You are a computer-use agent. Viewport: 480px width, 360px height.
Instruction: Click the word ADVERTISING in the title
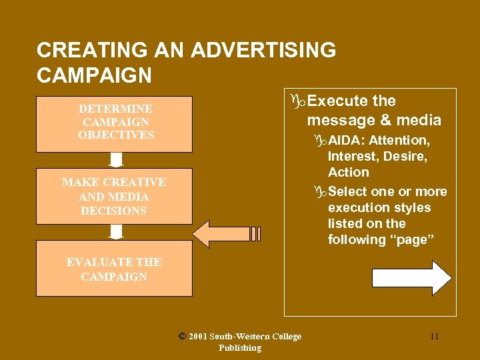263,50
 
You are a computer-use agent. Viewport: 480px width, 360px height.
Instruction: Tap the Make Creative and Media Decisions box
115,196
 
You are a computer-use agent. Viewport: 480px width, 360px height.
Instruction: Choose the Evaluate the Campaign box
115,269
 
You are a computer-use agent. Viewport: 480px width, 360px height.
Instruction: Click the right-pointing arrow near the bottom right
411,278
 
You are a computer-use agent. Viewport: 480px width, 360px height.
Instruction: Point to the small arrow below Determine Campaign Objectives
116,161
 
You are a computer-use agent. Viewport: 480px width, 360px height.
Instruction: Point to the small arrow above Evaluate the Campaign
116,232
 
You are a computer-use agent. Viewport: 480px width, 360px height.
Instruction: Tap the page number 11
434,336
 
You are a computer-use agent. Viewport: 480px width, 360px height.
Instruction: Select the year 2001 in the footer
199,337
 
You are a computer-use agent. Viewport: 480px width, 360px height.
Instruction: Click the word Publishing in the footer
239,348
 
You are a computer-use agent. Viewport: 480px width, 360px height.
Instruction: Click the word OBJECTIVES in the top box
116,135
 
